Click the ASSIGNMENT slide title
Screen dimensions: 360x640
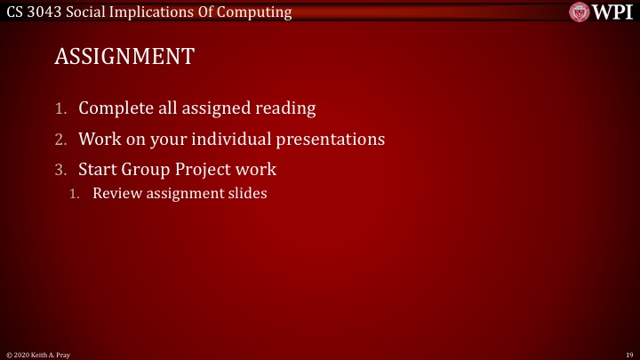[124, 57]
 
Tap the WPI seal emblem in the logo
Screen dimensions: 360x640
[580, 12]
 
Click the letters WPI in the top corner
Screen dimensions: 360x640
[612, 12]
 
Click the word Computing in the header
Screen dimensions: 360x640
[258, 12]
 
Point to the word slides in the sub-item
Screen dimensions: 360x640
[248, 193]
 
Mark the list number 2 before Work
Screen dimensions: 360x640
[60, 140]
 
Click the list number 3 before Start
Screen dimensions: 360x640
[60, 169]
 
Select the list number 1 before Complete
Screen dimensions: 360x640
[60, 109]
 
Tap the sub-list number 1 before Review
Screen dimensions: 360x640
[76, 193]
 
